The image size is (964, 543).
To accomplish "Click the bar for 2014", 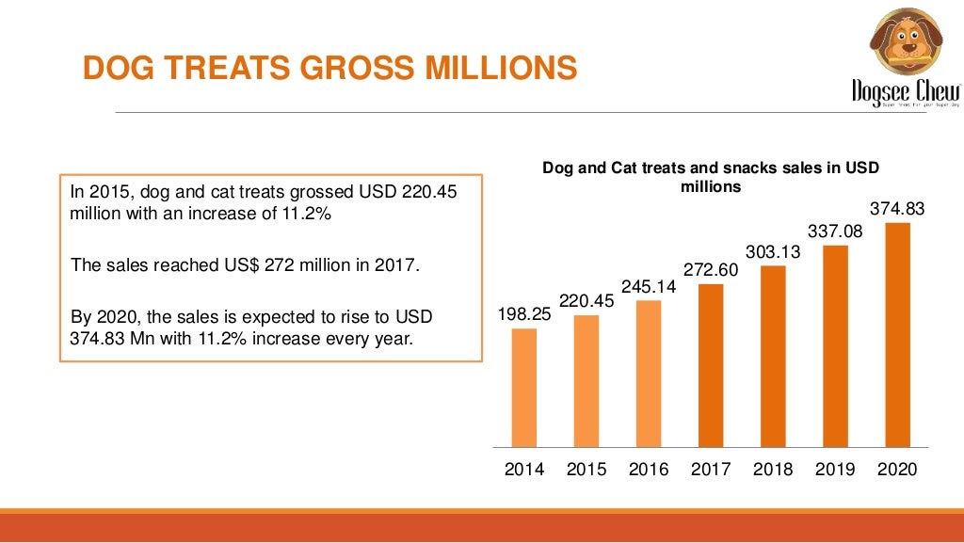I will pos(524,387).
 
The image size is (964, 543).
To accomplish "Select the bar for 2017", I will pos(711,364).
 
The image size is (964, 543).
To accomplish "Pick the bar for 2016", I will pos(649,373).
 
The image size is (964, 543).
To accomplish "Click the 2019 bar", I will pos(835,345).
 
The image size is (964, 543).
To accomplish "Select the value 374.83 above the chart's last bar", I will pos(897,209).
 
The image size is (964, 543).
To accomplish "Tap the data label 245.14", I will pos(649,286).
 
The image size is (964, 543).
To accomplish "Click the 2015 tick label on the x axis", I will pos(586,470).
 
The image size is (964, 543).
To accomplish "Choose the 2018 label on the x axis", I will pos(773,470).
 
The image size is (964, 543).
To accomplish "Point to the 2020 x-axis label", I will pos(897,470).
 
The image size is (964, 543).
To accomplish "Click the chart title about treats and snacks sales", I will pos(711,177).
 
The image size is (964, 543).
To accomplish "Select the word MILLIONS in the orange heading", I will pos(503,69).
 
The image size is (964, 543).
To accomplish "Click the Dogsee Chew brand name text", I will pos(905,91).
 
